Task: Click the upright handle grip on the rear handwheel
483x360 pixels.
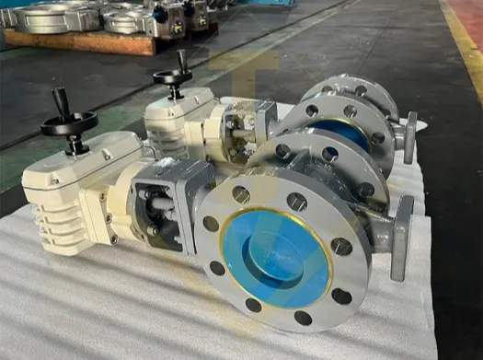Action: click(182, 61)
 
